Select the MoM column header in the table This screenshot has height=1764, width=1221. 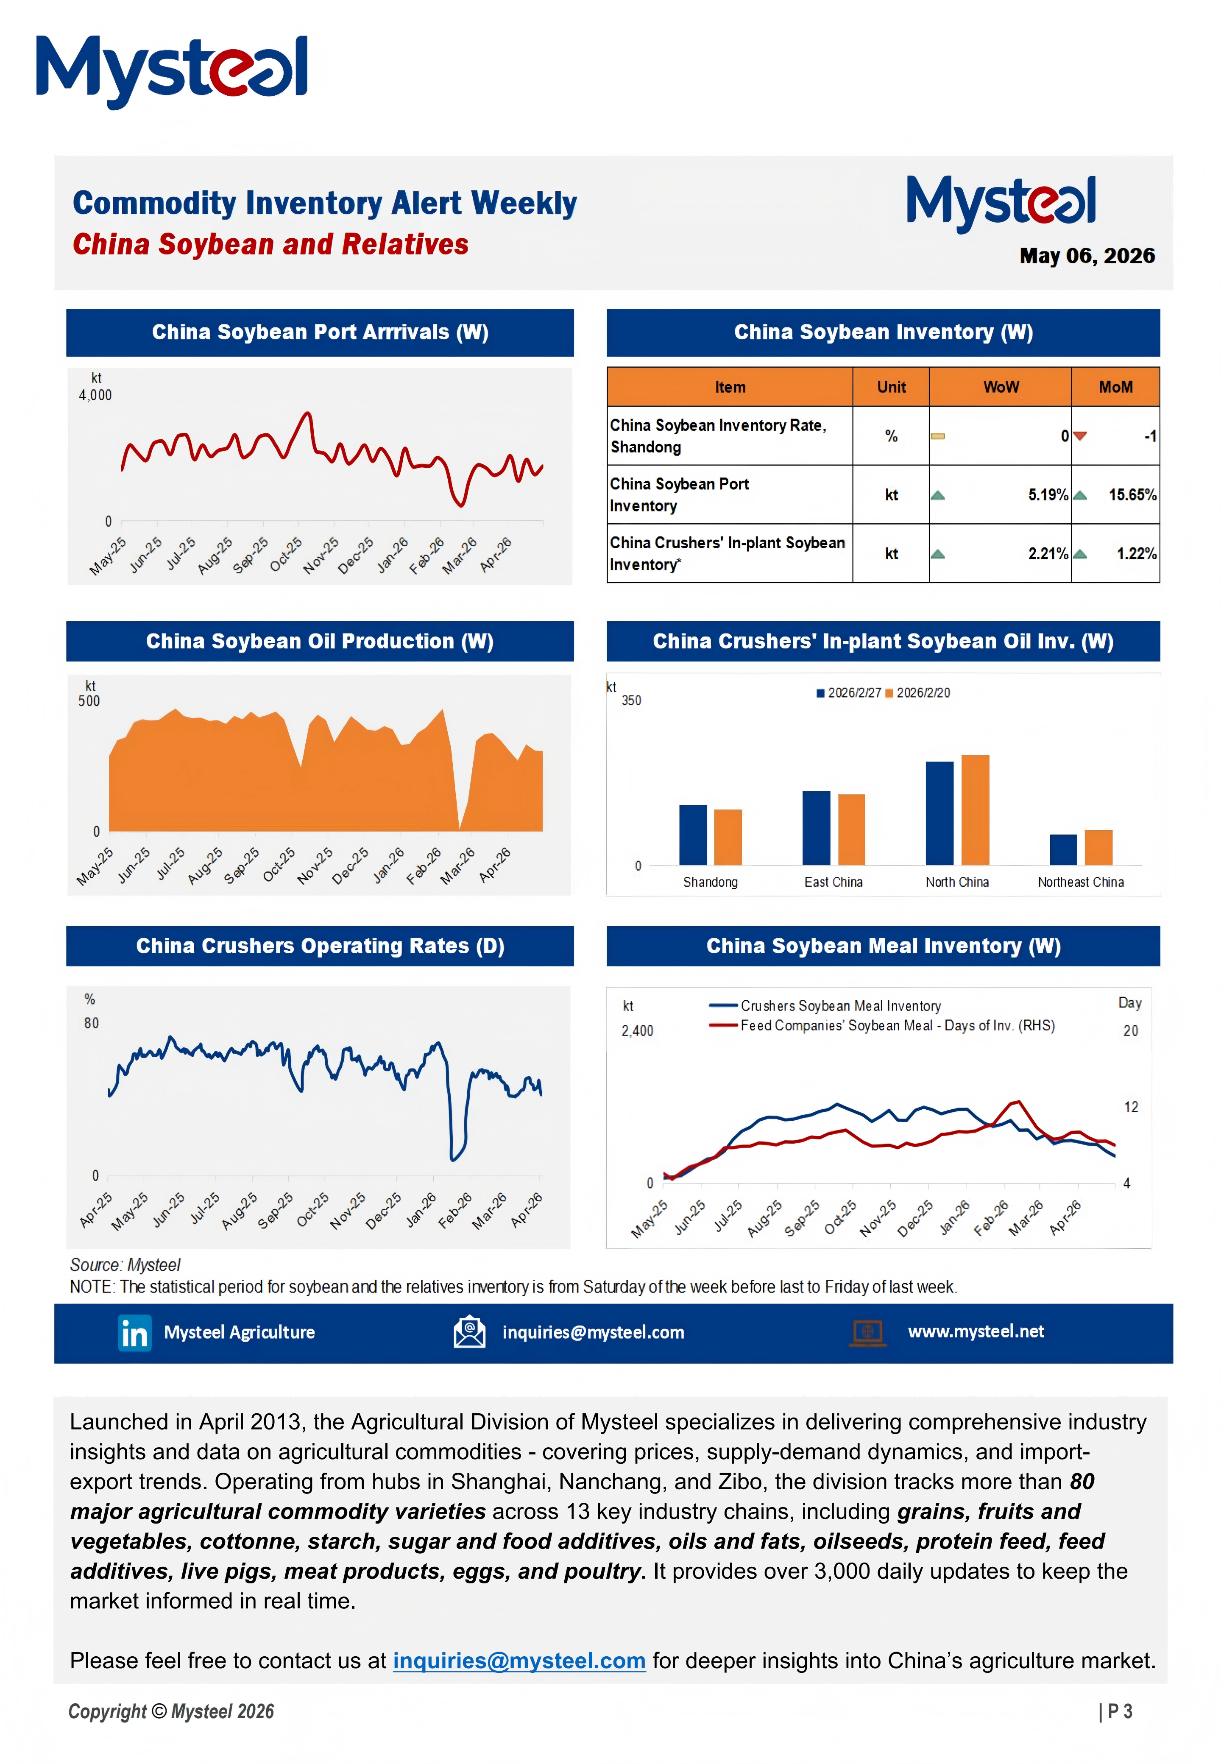click(1115, 387)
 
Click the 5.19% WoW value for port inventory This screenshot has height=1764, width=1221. click(1047, 495)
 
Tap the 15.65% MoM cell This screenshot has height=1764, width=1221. click(1132, 495)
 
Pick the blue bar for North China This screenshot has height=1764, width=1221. click(939, 813)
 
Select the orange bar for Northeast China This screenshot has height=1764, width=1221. click(1098, 848)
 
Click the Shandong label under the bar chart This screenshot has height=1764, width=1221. click(710, 882)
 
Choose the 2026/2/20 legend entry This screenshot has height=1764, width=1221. click(917, 693)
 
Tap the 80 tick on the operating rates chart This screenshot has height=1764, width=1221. click(91, 1024)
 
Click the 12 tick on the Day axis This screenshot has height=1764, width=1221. click(1131, 1107)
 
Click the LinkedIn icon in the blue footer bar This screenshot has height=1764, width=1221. click(135, 1333)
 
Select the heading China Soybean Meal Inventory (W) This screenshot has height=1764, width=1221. click(884, 946)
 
